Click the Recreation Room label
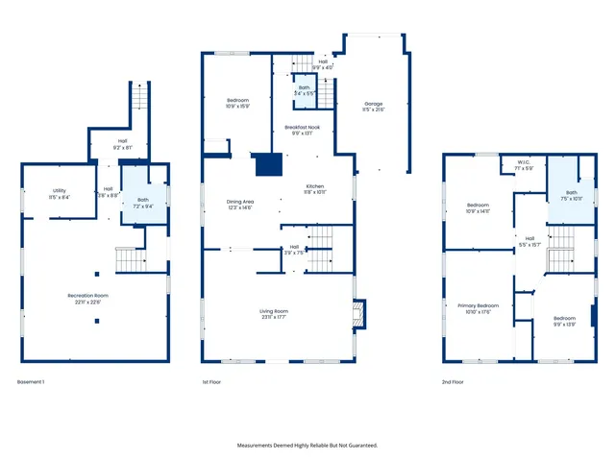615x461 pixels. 87,294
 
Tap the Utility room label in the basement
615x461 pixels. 60,190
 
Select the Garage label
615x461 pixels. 374,103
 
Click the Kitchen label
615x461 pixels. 316,185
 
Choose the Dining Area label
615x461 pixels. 239,201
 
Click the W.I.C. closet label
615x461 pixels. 524,161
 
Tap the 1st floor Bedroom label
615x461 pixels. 238,100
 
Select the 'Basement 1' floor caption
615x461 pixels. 32,382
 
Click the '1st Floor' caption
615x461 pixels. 212,382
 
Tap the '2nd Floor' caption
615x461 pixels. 452,382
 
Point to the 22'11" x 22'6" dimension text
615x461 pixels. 87,302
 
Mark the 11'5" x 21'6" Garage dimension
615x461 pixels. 374,110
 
